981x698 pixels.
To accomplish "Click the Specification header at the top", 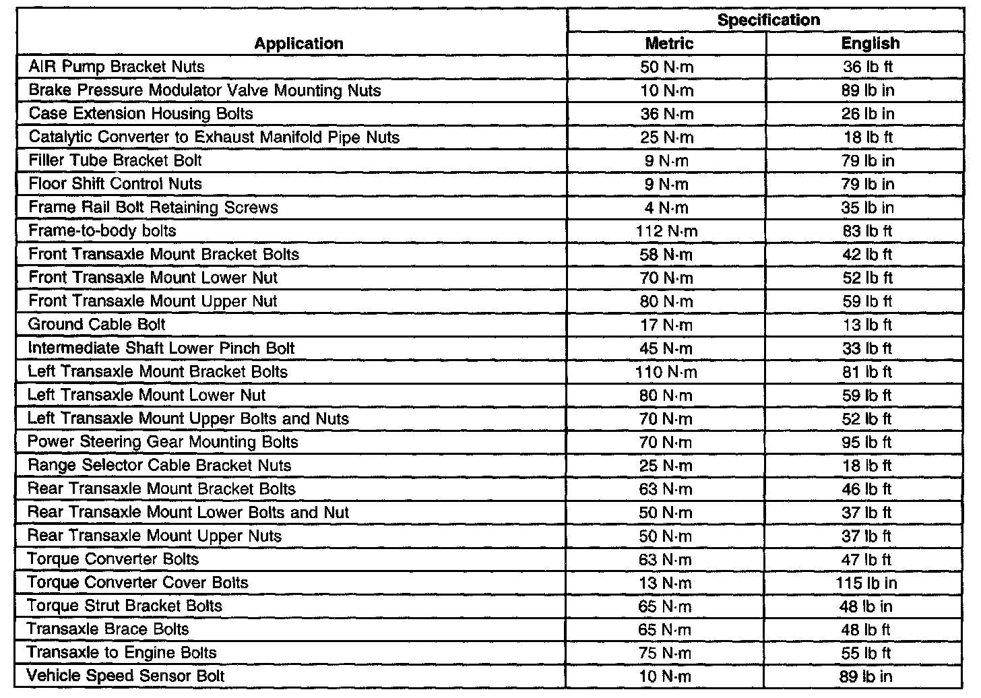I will coord(768,20).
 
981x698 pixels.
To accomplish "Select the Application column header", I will coord(298,44).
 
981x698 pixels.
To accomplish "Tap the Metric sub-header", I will coord(668,44).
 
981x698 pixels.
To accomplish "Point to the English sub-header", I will coord(870,44).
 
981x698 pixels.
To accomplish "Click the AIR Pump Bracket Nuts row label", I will coord(117,67).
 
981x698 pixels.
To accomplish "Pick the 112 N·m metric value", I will coord(666,231).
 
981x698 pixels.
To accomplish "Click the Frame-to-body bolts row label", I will coord(102,231).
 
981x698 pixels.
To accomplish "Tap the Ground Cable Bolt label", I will coord(96,325).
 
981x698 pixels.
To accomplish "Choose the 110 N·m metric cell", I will coord(666,372).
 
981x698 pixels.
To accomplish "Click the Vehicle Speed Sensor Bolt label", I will coord(125,676).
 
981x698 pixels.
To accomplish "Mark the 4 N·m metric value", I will coord(666,208).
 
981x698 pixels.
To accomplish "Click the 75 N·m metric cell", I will coord(665,653).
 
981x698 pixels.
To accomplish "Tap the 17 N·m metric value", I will coord(666,325).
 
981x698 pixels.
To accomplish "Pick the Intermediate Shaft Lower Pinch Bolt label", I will coord(161,348).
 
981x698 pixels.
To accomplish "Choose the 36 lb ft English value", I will coord(868,67).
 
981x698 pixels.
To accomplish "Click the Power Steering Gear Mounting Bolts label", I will coord(162,442).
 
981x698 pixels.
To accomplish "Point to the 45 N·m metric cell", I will coord(666,348).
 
